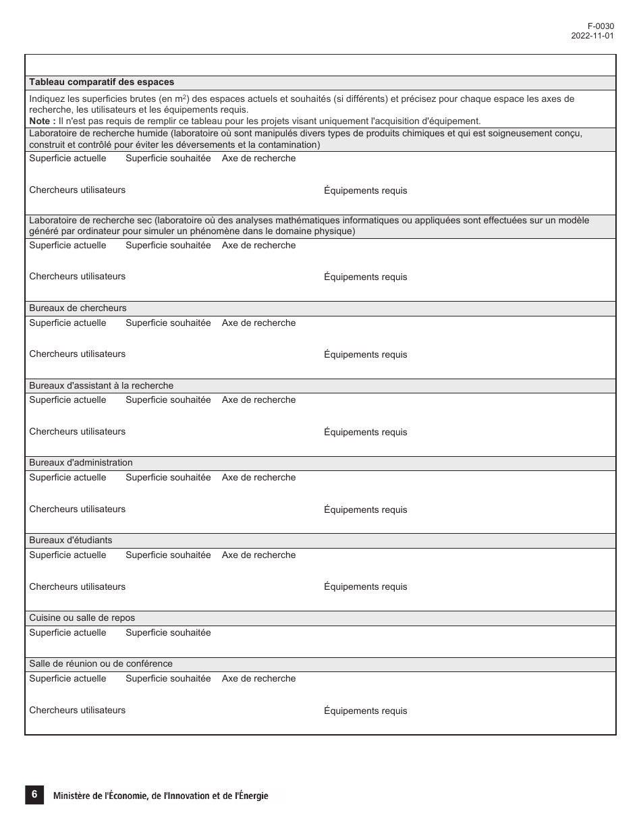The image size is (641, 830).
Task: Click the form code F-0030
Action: tap(601, 26)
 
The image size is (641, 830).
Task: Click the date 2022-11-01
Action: tap(592, 36)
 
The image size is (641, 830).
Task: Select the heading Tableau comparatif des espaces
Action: tap(101, 82)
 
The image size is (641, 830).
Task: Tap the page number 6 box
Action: tap(34, 795)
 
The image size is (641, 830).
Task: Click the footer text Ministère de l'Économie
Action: tap(160, 796)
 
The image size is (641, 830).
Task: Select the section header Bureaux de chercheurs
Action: tap(78, 308)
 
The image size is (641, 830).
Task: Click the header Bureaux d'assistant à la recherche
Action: tap(101, 386)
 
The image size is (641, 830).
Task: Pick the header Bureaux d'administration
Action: tap(81, 463)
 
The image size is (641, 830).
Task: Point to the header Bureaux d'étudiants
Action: tap(71, 541)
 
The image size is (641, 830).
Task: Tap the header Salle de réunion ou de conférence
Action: tap(101, 664)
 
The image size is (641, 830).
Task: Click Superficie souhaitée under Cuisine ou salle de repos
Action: tap(168, 633)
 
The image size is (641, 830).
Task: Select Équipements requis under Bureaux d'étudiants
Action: tap(365, 587)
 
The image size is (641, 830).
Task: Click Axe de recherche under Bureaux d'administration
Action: tap(258, 478)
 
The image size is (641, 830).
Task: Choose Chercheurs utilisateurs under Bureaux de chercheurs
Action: tap(77, 354)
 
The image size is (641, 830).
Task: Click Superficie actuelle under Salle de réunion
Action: tap(67, 679)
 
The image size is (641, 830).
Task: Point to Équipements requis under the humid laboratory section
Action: tap(365, 191)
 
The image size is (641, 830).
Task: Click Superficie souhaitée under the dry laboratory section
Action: tap(168, 246)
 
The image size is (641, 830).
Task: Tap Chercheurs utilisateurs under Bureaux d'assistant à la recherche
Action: tap(77, 432)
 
